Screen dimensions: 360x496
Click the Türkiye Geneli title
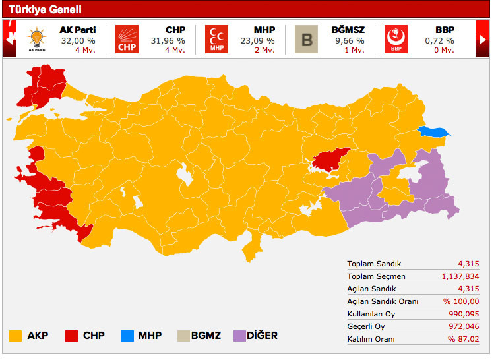click(x=45, y=9)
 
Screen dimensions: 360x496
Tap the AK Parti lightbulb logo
click(x=37, y=39)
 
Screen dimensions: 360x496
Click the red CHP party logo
click(x=127, y=39)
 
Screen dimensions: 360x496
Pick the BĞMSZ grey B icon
click(x=306, y=39)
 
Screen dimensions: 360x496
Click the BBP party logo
click(x=396, y=39)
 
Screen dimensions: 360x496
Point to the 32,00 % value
click(x=77, y=40)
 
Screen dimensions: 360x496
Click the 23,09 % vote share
click(x=257, y=40)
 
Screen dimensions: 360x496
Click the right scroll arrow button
click(x=483, y=39)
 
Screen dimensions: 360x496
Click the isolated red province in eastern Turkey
click(x=329, y=160)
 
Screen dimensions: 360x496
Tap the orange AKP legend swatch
click(x=16, y=336)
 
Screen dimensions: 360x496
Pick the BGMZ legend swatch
click(x=183, y=336)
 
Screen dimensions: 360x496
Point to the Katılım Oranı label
click(x=371, y=338)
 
